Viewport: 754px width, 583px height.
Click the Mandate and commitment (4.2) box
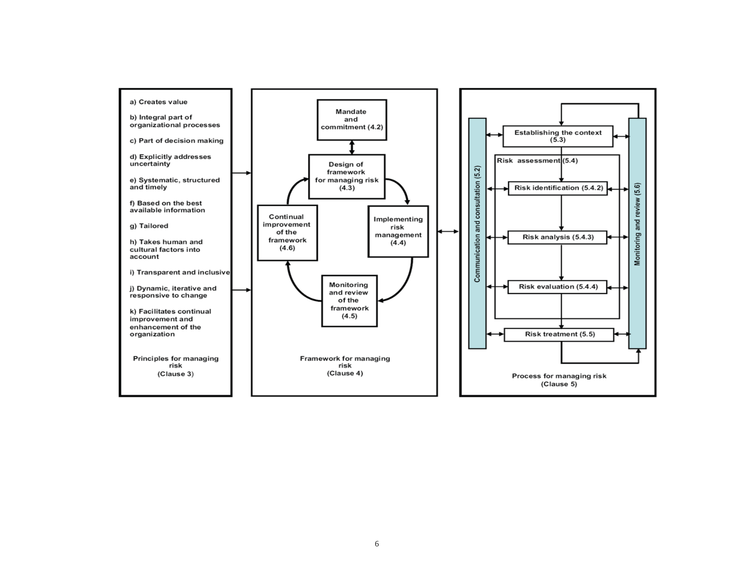click(x=352, y=120)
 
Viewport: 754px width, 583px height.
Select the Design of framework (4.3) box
click(x=347, y=177)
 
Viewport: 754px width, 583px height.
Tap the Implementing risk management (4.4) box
click(x=398, y=231)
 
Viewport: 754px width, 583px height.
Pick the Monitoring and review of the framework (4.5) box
click(x=350, y=301)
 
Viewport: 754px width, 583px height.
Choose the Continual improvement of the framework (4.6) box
click(x=287, y=233)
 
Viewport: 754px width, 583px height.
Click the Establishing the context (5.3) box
click(x=558, y=136)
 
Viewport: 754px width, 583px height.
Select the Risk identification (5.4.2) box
click(x=558, y=188)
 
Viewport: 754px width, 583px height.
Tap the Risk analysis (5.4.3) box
click(x=558, y=237)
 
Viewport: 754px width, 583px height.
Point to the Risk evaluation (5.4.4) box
click(x=558, y=287)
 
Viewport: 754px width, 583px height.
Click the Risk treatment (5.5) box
click(x=559, y=335)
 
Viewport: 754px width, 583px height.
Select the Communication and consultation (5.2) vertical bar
click(x=478, y=233)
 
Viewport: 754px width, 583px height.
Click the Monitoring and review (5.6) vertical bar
click(x=637, y=233)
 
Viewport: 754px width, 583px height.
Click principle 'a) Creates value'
click(x=159, y=102)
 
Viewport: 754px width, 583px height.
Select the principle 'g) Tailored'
click(x=149, y=226)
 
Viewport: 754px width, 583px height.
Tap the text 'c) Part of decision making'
click(x=176, y=141)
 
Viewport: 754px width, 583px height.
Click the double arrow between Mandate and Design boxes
click(x=352, y=148)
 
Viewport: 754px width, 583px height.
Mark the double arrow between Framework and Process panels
click(x=448, y=231)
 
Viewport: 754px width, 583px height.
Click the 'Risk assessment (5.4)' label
click(x=537, y=161)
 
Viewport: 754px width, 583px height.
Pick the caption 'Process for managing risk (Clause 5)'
click(x=559, y=380)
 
